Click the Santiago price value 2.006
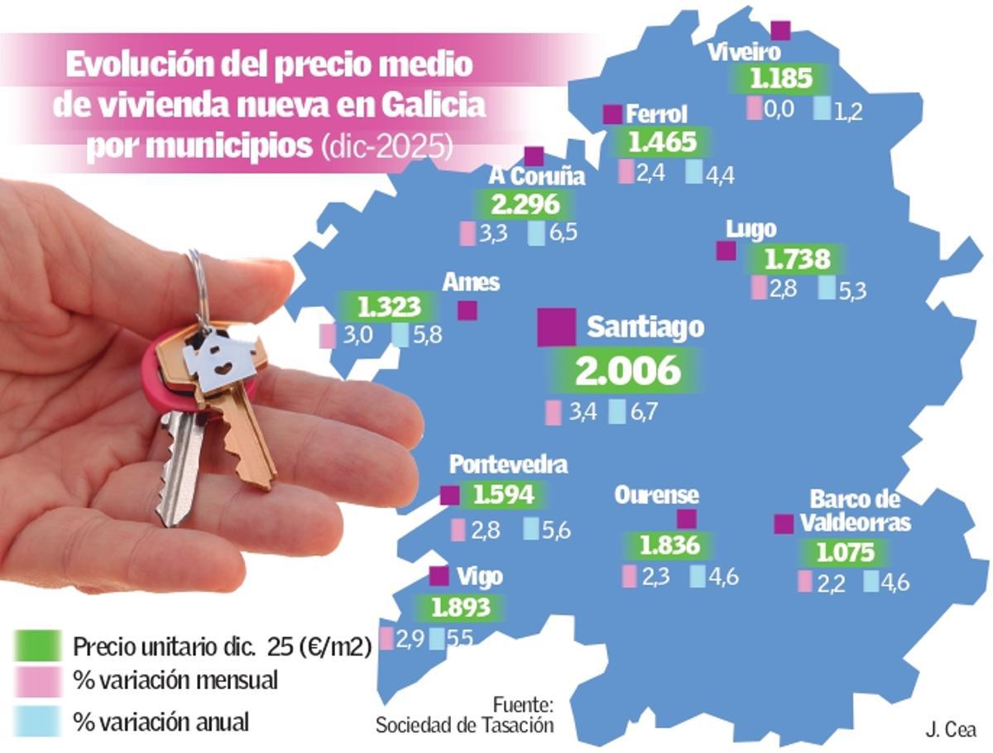[x=627, y=372]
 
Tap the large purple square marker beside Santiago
[x=556, y=327]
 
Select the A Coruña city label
[x=536, y=176]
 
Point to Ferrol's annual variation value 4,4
[x=719, y=174]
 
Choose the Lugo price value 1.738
[x=796, y=260]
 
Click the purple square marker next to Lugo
[x=726, y=251]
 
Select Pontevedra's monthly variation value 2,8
[x=486, y=531]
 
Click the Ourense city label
[x=656, y=495]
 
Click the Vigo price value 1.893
[x=457, y=608]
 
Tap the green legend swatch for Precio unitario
[x=37, y=645]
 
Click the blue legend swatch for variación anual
[x=37, y=721]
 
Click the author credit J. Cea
[x=951, y=730]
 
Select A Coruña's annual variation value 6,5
[x=563, y=233]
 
